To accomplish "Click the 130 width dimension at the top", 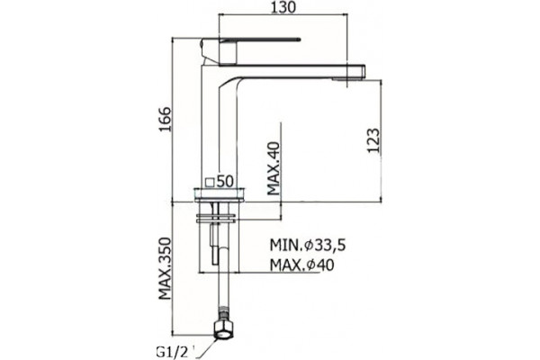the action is (283, 7).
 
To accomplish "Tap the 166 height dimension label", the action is (165, 119).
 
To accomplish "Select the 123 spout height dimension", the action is (373, 140).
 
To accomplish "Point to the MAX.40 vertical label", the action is (274, 168).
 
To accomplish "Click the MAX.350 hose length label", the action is (165, 268).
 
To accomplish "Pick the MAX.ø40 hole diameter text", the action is (302, 265).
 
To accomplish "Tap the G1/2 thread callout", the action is (173, 352).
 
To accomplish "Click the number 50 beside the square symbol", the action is (226, 181).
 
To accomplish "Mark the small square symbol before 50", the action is (210, 182).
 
